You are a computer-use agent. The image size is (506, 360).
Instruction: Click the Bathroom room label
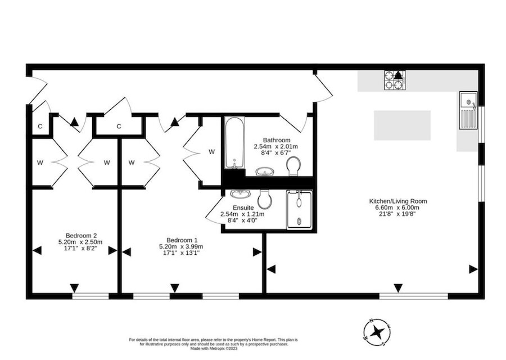coord(276,140)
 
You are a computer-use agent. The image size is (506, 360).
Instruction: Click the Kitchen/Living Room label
coord(398,201)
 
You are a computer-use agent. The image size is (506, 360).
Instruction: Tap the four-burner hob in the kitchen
coord(394,80)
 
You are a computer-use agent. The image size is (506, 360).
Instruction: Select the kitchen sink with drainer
coord(468,110)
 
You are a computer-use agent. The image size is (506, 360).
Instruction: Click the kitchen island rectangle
coord(402,125)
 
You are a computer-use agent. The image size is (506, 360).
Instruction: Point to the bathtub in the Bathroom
coord(233,143)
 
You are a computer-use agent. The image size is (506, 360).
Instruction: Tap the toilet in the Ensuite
coord(265,198)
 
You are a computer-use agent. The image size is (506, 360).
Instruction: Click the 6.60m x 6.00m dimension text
coord(398,208)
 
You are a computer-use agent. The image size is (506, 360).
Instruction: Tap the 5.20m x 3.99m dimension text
coord(173,246)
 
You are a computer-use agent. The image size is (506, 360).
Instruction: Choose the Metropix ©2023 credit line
coord(213,349)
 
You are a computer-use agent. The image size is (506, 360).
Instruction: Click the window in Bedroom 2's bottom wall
coord(91,295)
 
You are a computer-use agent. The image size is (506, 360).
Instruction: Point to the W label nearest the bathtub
coord(211,151)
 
